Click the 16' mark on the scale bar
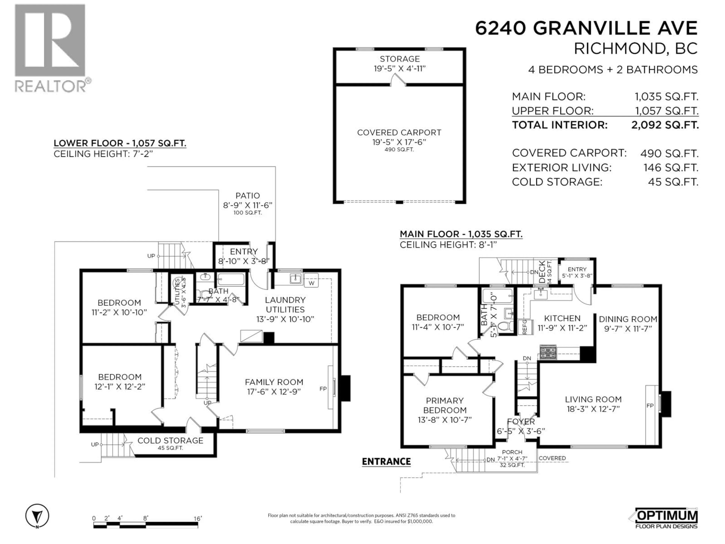click(x=198, y=518)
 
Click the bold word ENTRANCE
click(x=386, y=461)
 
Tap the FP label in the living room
click(x=650, y=406)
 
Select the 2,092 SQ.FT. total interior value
click(x=665, y=125)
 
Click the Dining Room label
click(x=628, y=319)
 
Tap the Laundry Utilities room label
click(x=285, y=305)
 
